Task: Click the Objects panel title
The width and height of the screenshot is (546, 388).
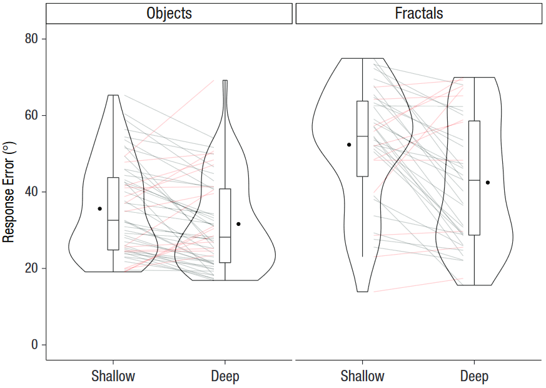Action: pos(169,13)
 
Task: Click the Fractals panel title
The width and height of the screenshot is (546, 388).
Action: pos(418,13)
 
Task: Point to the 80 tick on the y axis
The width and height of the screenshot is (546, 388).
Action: pos(31,39)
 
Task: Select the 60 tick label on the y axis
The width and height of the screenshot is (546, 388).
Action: pos(31,116)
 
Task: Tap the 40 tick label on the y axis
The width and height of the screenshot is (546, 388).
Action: pos(31,192)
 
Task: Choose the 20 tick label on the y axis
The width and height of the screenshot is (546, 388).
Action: pos(31,268)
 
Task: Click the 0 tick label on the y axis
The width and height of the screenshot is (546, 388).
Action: pos(35,345)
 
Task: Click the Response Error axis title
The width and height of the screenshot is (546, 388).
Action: pos(9,192)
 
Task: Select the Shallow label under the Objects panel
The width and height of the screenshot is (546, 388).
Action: pos(113,376)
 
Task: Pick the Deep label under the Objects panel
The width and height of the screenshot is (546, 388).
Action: pos(225,376)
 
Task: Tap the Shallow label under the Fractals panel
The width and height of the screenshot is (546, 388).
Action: pos(362,376)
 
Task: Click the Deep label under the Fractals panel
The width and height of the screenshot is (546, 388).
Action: pos(474,376)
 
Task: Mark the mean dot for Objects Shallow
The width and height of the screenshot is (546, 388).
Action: pos(100,208)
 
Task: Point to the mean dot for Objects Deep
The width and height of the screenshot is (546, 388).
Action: pos(238,224)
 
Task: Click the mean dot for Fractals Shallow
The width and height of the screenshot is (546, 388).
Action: pos(349,145)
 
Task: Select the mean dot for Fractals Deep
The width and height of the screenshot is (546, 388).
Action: pos(488,183)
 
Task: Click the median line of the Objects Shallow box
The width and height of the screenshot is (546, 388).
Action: pos(113,220)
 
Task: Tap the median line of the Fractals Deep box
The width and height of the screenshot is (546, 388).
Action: pos(474,180)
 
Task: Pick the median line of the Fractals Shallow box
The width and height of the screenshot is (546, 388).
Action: pos(362,136)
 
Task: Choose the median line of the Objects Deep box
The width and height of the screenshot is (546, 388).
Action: pos(225,237)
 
